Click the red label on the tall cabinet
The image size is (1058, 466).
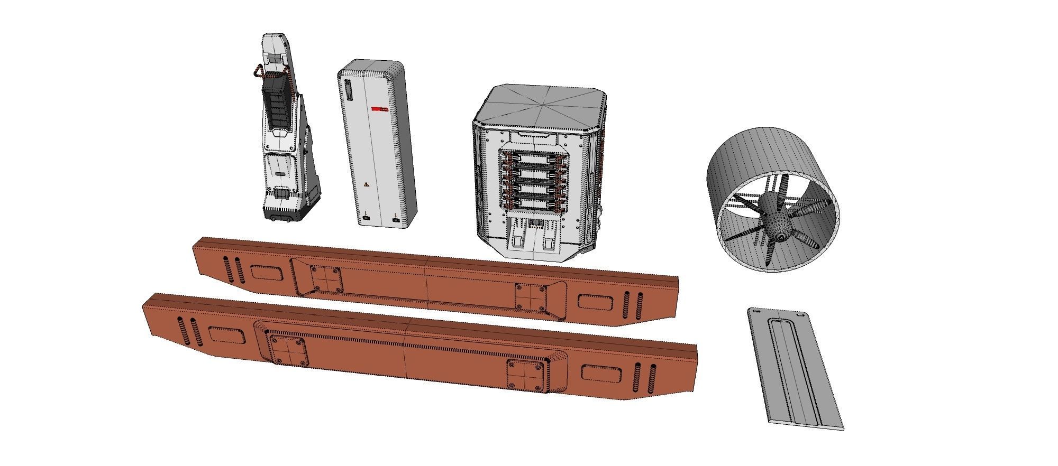(x=379, y=109)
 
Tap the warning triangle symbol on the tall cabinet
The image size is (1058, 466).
(x=365, y=185)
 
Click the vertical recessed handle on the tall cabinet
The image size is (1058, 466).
(x=348, y=91)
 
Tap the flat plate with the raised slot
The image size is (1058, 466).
(x=793, y=370)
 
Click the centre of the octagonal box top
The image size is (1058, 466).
(x=540, y=104)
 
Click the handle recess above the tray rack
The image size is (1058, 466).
(x=532, y=135)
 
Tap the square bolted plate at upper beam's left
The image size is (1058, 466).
(x=325, y=278)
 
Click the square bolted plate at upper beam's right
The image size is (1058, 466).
(x=531, y=297)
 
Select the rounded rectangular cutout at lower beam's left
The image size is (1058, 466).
(x=226, y=335)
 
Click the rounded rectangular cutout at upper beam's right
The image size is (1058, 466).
(x=595, y=302)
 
